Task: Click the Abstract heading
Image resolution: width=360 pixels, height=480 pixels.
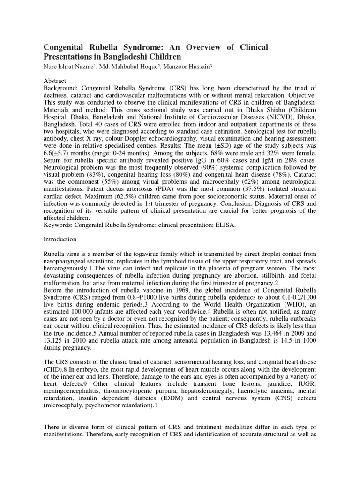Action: point(55,81)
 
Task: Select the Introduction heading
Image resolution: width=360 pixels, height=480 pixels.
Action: point(60,239)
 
